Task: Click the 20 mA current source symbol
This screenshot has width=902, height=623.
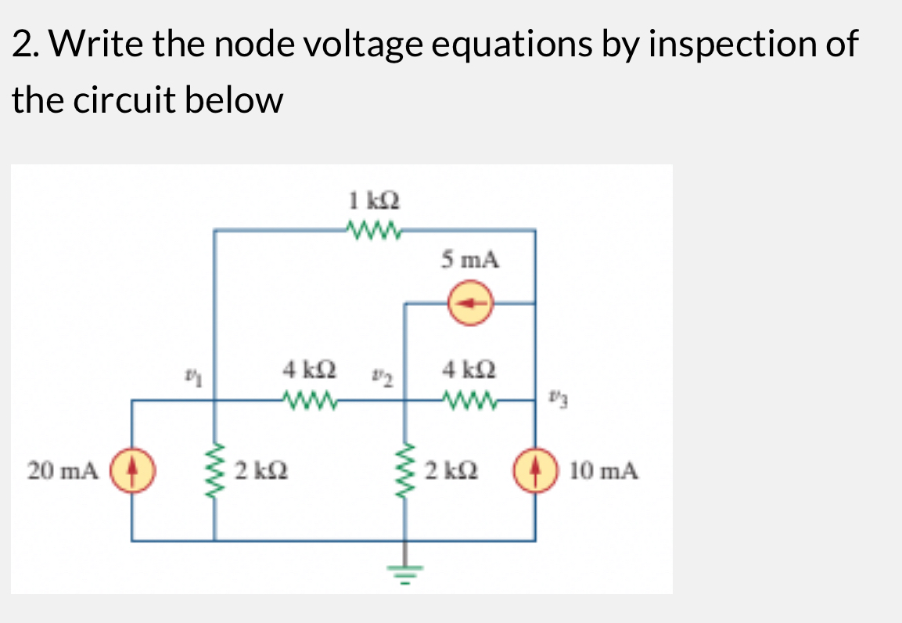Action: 131,470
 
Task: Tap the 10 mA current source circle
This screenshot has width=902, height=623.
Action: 535,470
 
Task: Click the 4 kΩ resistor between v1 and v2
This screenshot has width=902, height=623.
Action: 311,400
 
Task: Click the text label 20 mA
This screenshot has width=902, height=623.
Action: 62,471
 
